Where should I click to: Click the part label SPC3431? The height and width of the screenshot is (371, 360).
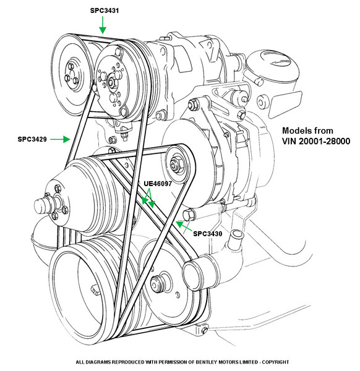pos(105,11)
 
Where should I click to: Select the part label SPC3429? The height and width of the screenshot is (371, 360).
pos(32,139)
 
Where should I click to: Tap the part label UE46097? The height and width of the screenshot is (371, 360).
pos(158,184)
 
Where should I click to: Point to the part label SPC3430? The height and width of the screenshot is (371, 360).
pos(208,234)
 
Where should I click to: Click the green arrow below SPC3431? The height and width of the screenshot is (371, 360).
pos(103,25)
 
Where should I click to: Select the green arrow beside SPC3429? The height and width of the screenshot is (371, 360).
pos(61,139)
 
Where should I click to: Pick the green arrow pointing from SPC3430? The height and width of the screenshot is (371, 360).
pos(184,226)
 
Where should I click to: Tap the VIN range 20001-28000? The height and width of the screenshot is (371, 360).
pos(324,141)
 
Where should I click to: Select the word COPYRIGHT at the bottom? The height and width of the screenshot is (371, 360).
pos(275,362)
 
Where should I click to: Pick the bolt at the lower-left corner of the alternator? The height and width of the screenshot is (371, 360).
pos(189,215)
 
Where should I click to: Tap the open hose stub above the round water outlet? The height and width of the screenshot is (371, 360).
pos(237,236)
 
